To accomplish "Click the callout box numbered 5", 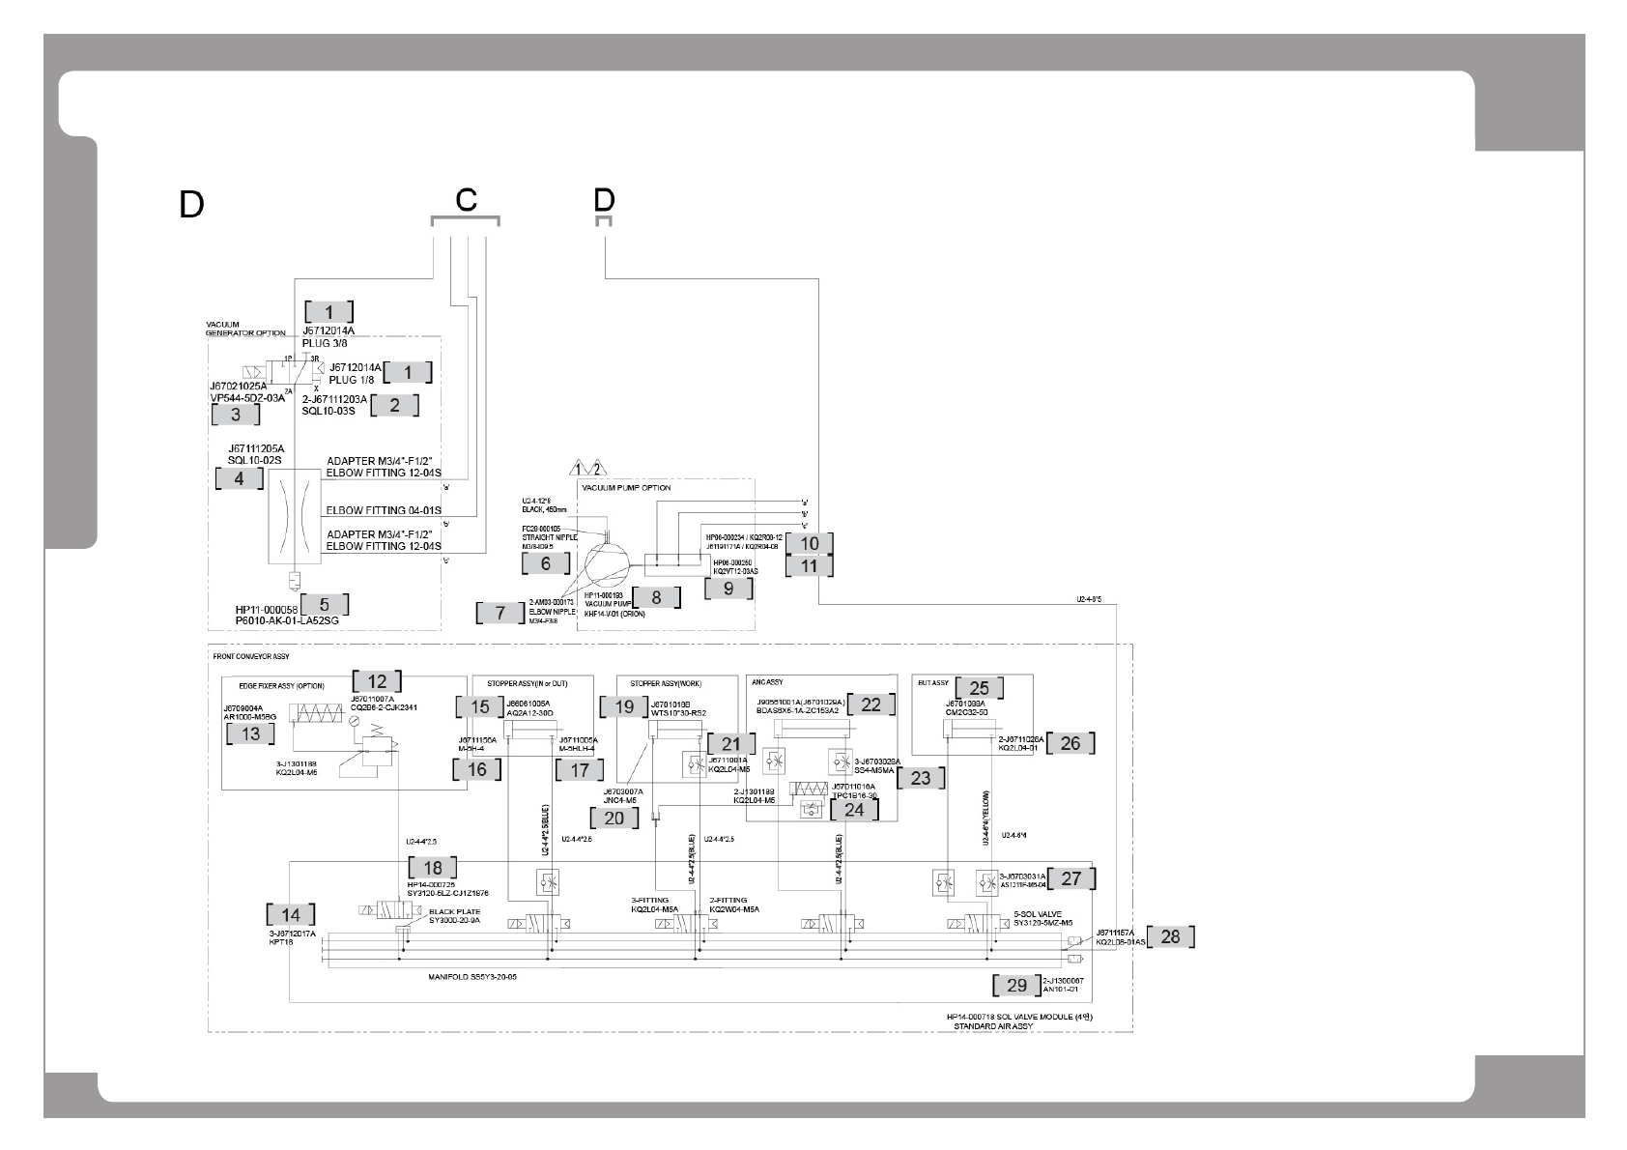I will coord(325,605).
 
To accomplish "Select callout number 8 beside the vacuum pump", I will coord(656,597).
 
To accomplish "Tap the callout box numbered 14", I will coord(291,915).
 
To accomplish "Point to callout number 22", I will coord(871,704).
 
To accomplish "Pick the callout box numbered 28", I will coord(1170,936).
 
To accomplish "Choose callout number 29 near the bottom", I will coord(1016,985).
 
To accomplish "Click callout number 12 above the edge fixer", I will coord(377,680).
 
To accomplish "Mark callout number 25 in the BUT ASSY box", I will coord(979,687).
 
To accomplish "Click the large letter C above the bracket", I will coord(466,200).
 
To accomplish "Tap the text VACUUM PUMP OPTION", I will coord(626,488).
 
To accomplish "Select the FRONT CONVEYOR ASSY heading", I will coord(250,656).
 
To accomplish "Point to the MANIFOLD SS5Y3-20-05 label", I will coord(472,977).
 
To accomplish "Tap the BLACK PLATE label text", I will coord(454,911).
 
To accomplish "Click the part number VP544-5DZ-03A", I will coord(247,397).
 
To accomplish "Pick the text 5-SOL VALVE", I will coord(1037,912).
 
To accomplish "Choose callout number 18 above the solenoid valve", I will coord(432,868).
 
